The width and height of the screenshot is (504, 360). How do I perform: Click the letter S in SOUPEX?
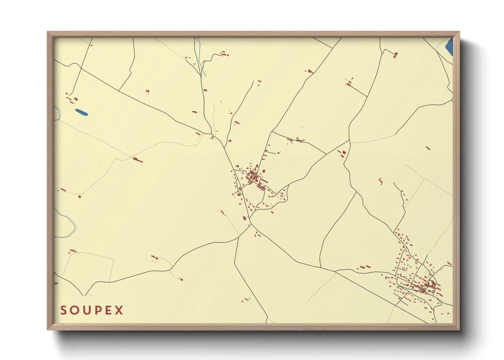[63, 310]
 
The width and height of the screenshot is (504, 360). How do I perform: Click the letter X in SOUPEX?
[119, 310]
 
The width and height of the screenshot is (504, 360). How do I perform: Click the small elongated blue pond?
[81, 112]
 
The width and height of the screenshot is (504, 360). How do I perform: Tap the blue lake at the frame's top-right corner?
[450, 47]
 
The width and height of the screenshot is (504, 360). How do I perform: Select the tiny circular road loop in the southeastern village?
[398, 287]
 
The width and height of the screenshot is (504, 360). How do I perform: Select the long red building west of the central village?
[138, 159]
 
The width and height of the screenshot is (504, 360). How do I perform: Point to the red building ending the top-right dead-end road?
[395, 54]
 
